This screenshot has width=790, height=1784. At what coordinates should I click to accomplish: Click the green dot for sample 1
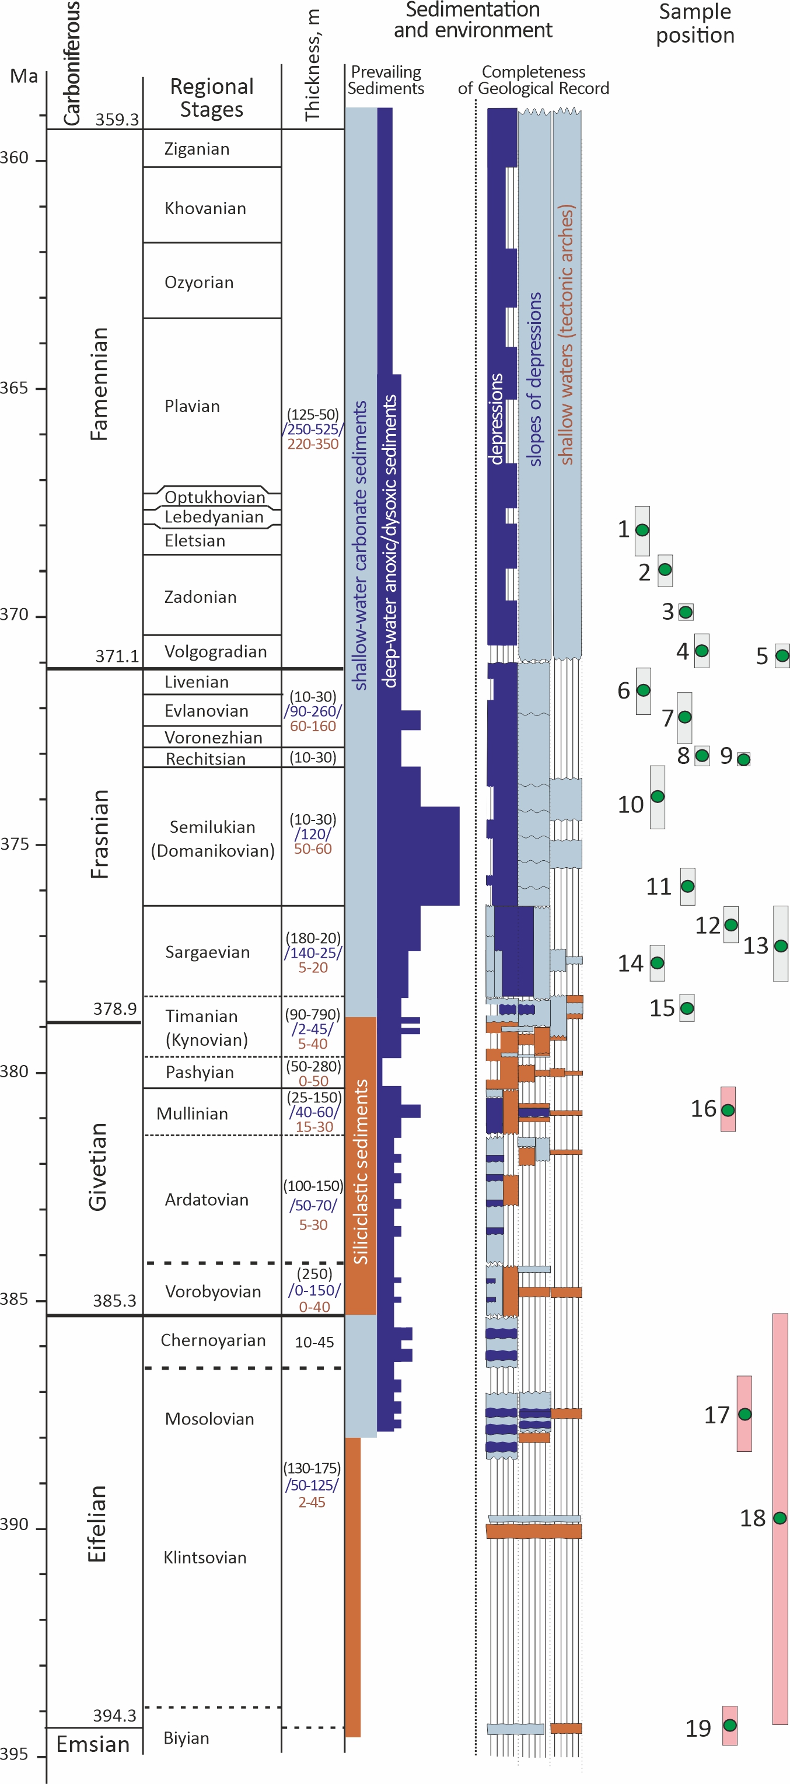click(x=642, y=530)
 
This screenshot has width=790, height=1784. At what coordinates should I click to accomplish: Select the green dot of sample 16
click(x=728, y=1110)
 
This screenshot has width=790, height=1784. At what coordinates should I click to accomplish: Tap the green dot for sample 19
click(x=730, y=1725)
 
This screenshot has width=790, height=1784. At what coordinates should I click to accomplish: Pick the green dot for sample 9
click(x=743, y=760)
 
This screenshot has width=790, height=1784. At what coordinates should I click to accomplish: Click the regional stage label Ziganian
click(x=197, y=149)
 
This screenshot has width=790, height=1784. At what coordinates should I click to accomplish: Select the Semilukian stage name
click(x=212, y=827)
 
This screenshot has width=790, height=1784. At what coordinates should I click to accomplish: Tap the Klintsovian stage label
click(x=205, y=1558)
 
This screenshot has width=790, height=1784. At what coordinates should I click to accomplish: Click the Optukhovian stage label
click(x=215, y=497)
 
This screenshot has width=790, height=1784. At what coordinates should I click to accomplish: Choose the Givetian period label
click(x=97, y=1166)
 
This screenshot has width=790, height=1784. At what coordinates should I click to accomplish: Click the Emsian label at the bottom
click(x=93, y=1744)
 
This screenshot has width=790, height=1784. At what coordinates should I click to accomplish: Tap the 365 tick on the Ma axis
click(x=15, y=388)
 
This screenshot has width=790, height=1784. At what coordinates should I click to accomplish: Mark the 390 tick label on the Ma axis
click(x=15, y=1524)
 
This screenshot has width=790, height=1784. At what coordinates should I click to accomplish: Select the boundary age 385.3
click(x=115, y=1300)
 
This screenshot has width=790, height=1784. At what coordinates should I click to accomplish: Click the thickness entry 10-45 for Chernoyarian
click(x=314, y=1342)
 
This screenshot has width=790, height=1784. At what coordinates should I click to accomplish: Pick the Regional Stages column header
click(x=212, y=97)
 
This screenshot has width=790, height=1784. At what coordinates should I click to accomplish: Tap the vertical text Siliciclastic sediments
click(x=361, y=1172)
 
